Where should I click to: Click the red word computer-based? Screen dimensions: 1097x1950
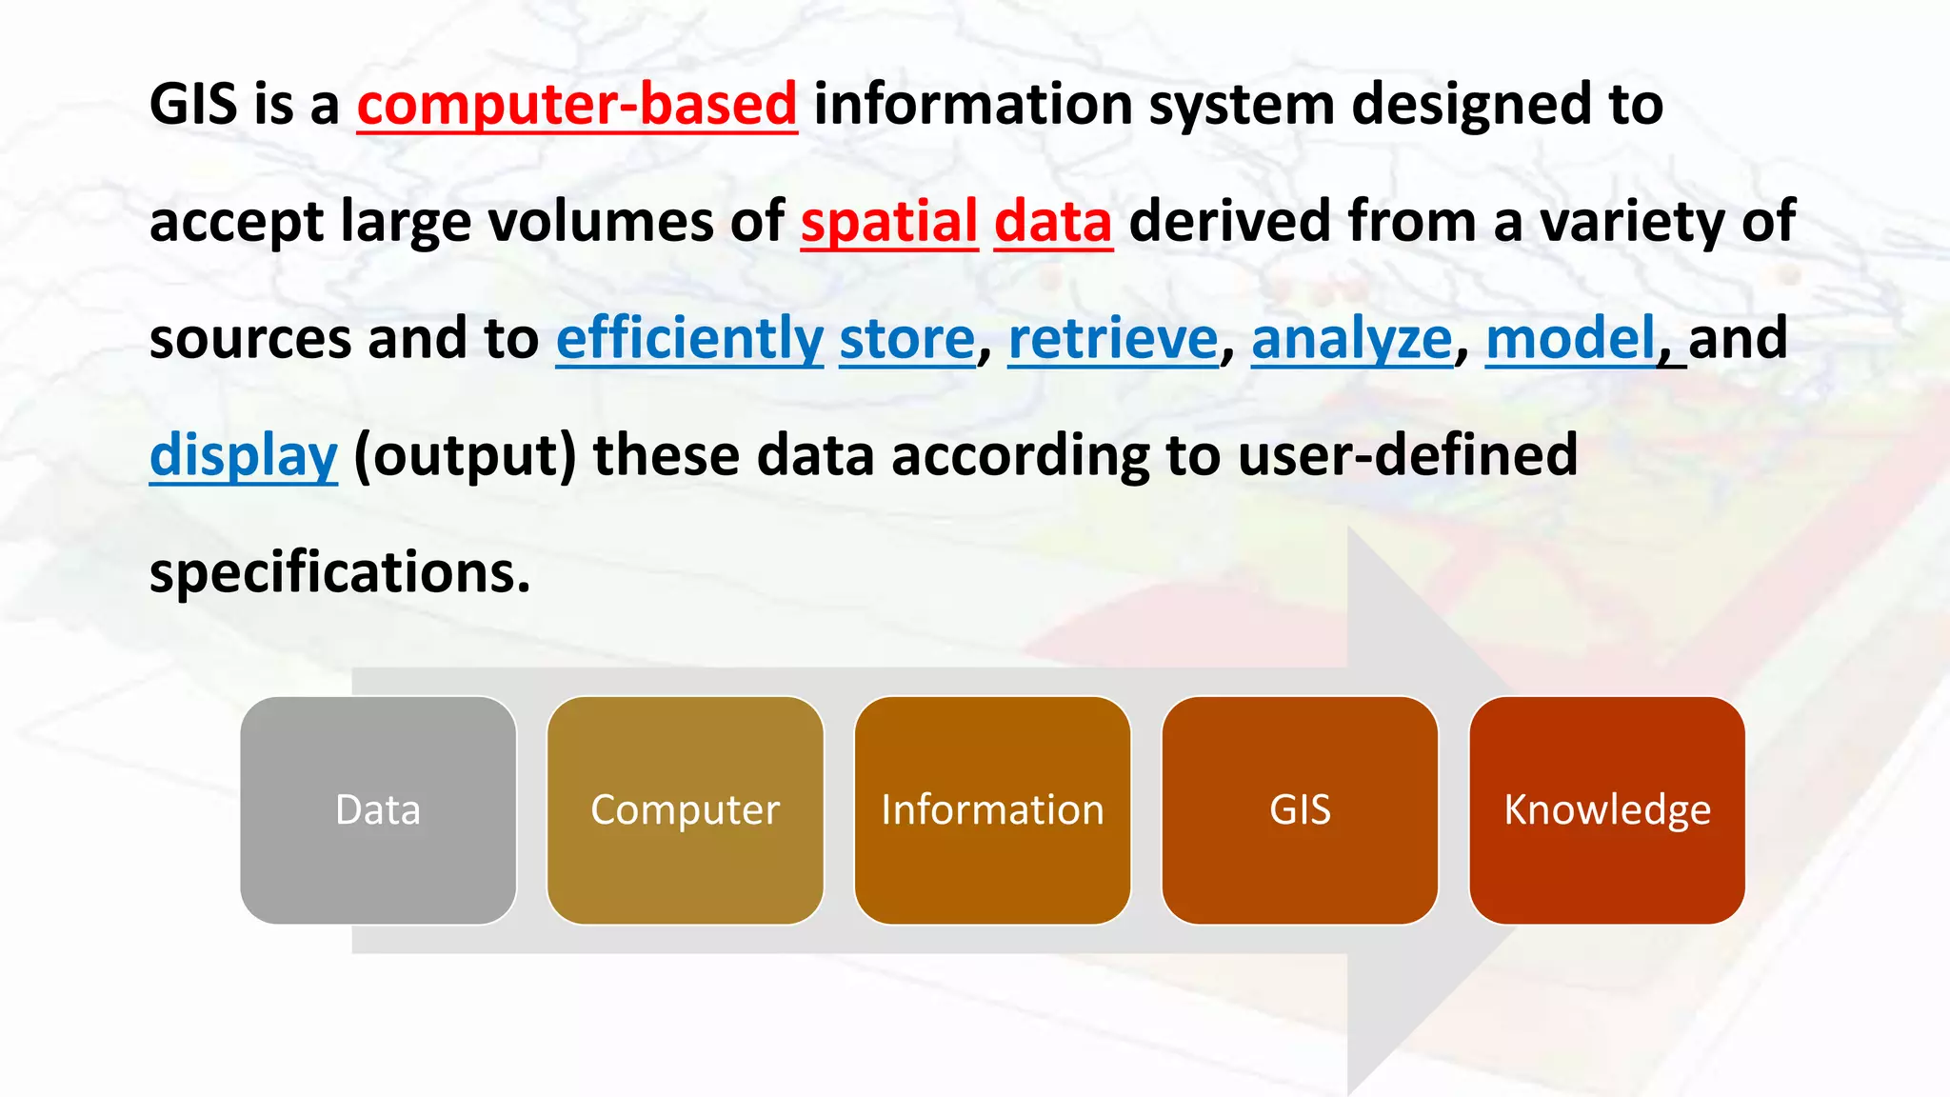pyautogui.click(x=577, y=105)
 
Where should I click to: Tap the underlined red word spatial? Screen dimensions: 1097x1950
pyautogui.click(x=889, y=222)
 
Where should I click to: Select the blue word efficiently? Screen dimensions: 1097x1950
pyautogui.click(x=689, y=339)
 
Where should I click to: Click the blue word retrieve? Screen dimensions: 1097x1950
pyautogui.click(x=1113, y=339)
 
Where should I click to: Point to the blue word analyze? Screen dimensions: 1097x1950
pyautogui.click(x=1352, y=339)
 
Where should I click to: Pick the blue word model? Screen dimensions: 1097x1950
pyautogui.click(x=1571, y=339)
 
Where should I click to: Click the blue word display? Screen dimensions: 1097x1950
pyautogui.click(x=244, y=456)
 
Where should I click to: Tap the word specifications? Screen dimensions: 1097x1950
pyautogui.click(x=339, y=573)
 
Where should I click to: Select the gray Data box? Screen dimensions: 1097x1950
pyautogui.click(x=378, y=810)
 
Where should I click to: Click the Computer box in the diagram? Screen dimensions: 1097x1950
pyautogui.click(x=686, y=810)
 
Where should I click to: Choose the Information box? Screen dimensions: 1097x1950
pyautogui.click(x=992, y=810)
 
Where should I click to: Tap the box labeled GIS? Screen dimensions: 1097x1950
pyautogui.click(x=1300, y=810)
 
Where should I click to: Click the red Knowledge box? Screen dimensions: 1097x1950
pyautogui.click(x=1607, y=810)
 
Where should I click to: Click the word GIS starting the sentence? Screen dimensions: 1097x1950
pyautogui.click(x=193, y=105)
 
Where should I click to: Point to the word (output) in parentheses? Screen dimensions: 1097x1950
pyautogui.click(x=465, y=456)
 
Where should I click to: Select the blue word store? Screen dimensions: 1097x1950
pyautogui.click(x=906, y=339)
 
